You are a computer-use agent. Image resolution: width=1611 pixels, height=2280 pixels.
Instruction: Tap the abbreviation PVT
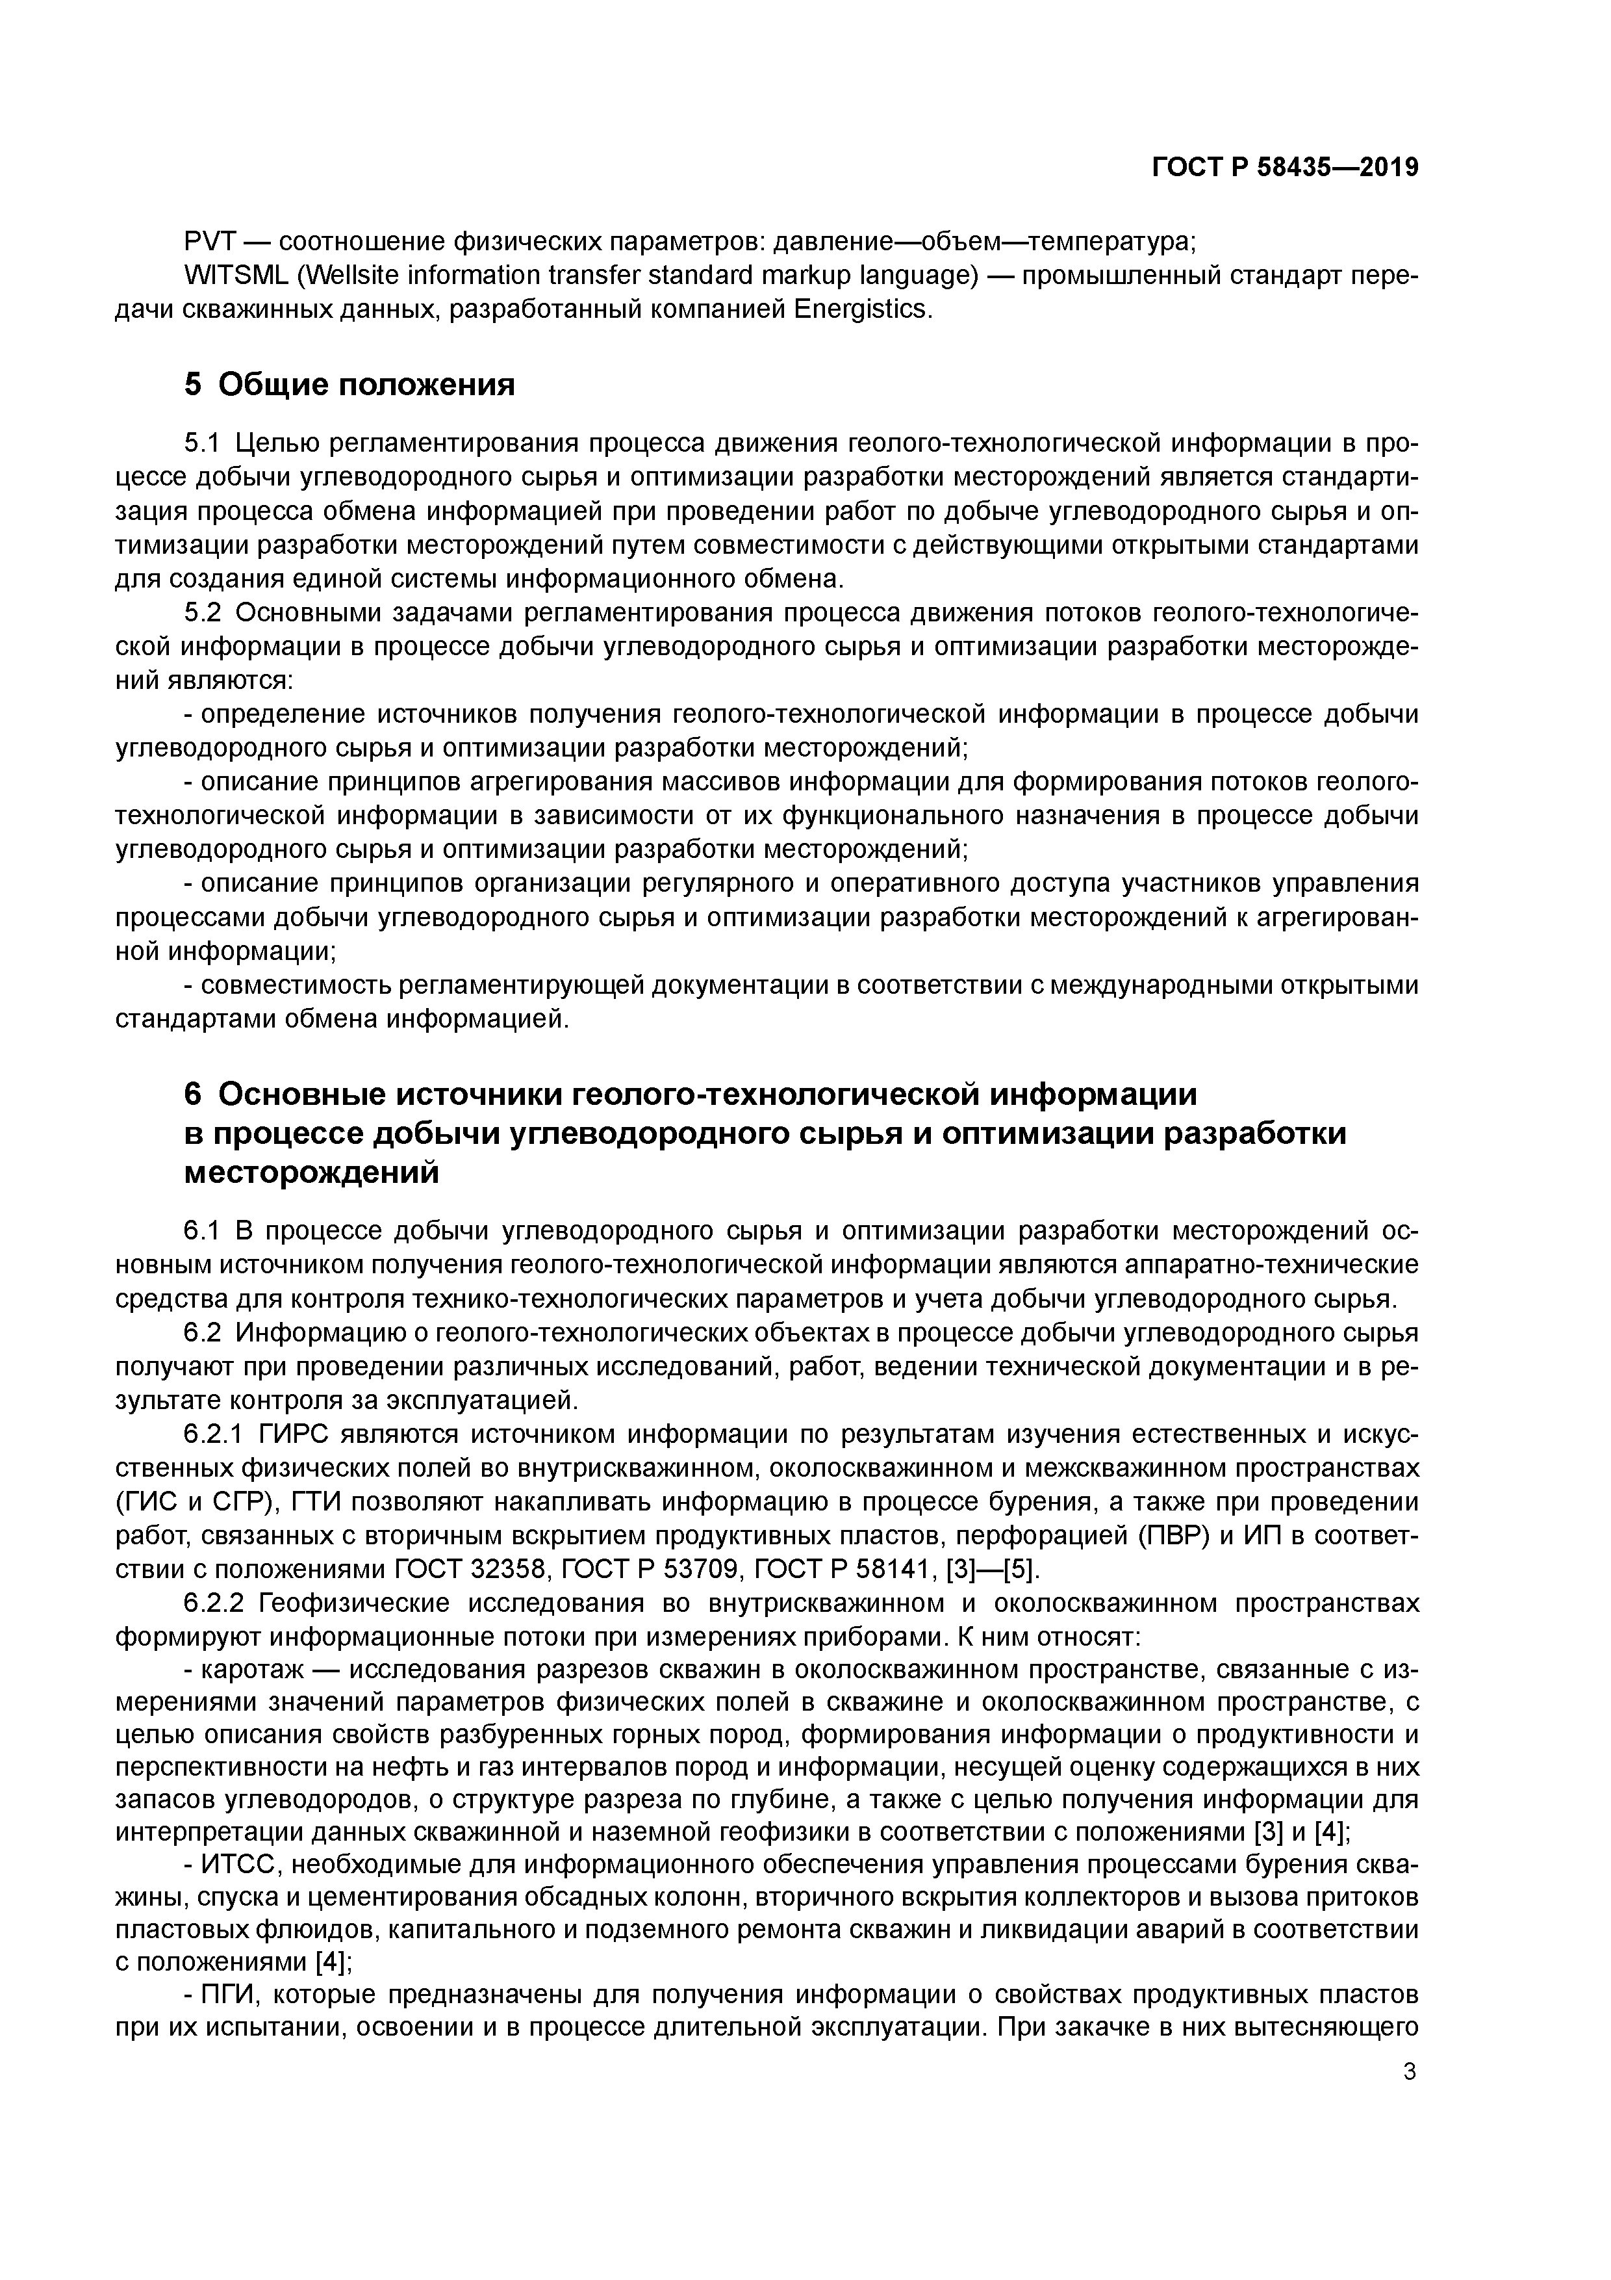click(209, 241)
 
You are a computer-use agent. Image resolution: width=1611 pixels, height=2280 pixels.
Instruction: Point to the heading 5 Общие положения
click(349, 384)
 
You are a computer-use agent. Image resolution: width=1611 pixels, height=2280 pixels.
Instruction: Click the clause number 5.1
click(207, 444)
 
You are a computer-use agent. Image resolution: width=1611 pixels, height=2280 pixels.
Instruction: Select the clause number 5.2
click(207, 613)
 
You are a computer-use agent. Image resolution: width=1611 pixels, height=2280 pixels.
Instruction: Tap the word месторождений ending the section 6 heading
click(312, 1172)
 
